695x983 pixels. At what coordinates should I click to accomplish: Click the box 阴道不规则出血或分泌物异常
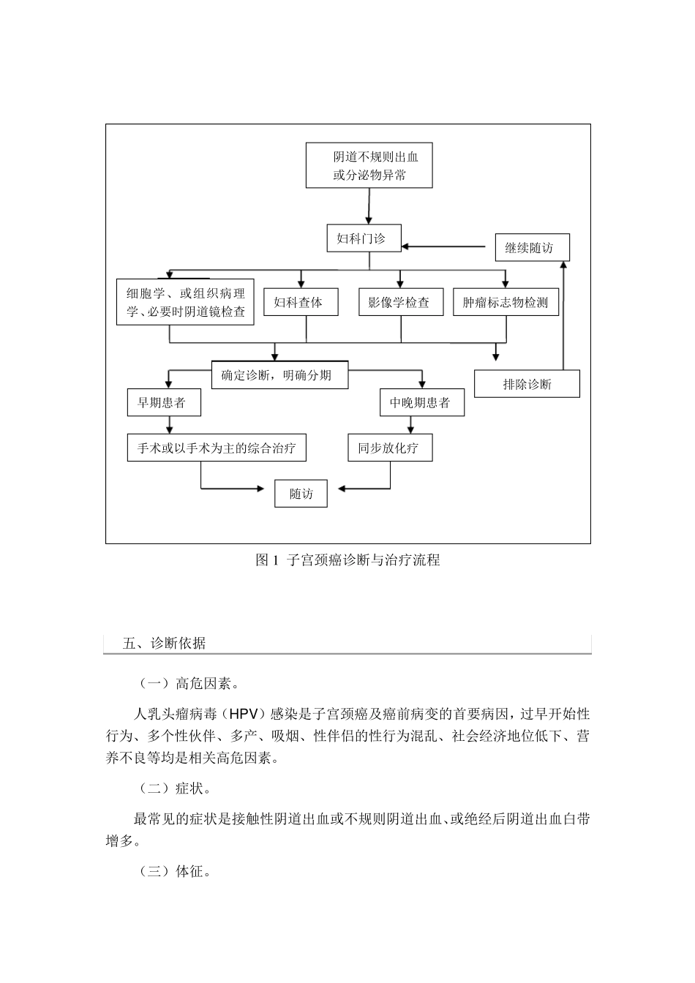(x=369, y=165)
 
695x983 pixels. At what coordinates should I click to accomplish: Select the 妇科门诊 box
(x=364, y=238)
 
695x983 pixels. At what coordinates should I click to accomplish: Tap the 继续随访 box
(x=532, y=248)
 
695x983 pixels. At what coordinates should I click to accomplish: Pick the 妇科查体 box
(x=301, y=302)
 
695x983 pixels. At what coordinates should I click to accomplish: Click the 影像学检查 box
(x=400, y=302)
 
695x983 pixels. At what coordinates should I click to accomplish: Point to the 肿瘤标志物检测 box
(x=506, y=302)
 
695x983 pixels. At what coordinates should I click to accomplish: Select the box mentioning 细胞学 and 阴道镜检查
(x=185, y=302)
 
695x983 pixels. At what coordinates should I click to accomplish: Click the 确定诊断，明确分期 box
(x=279, y=374)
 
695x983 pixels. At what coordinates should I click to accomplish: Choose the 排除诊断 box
(x=527, y=384)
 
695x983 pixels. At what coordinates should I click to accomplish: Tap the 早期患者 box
(x=164, y=402)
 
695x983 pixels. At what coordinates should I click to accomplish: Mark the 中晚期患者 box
(x=422, y=402)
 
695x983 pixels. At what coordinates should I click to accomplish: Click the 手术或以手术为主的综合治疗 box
(x=217, y=448)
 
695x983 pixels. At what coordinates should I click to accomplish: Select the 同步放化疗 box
(x=390, y=448)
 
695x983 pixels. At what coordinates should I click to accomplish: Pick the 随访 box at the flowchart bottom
(x=301, y=494)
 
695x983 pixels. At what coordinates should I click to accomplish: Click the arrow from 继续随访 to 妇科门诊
(x=446, y=246)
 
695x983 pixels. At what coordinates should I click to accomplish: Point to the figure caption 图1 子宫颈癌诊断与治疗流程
(x=347, y=560)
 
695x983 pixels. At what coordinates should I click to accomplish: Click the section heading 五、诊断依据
(x=165, y=644)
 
